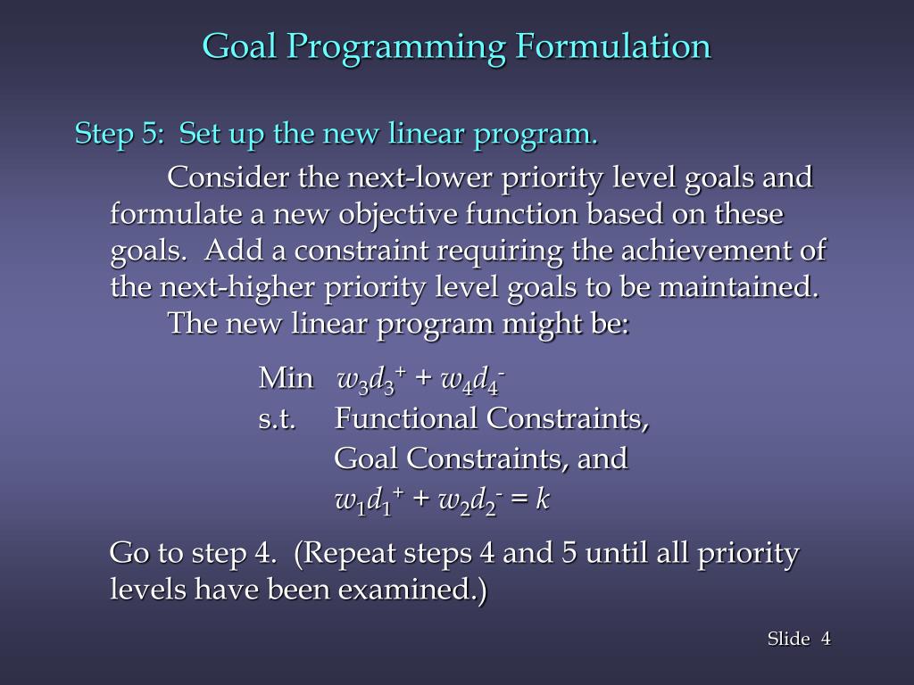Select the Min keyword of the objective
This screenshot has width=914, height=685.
pos(286,378)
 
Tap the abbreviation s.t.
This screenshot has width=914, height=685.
pos(278,418)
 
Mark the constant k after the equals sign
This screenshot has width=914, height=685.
pos(542,500)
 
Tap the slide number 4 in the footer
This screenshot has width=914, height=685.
pos(826,639)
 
